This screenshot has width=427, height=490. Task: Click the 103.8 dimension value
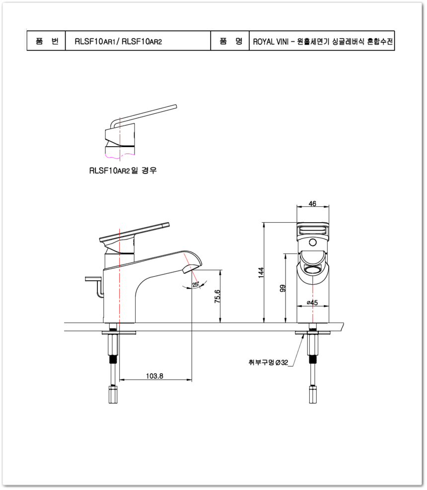point(154,376)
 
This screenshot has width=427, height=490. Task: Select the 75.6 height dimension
point(217,296)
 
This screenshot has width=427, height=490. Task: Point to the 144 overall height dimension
point(261,272)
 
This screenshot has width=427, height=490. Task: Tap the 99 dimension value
point(283,288)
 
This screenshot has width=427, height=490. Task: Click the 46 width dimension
point(312,204)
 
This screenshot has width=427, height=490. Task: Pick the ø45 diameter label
point(312,303)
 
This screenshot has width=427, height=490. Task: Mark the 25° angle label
point(196,285)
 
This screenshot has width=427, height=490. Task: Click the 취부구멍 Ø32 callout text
point(268,362)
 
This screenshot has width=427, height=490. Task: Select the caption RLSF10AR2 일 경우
point(123,170)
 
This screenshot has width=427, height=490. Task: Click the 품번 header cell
point(46,41)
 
